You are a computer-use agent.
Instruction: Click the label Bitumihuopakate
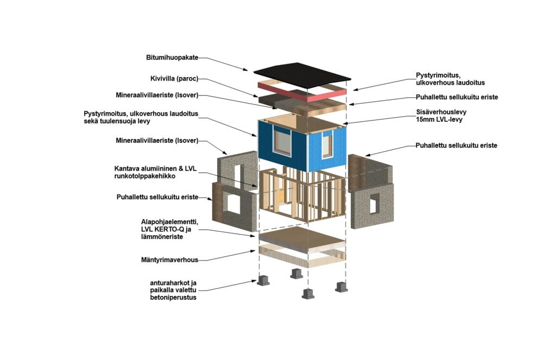(172, 57)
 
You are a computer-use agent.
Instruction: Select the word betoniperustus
(173, 298)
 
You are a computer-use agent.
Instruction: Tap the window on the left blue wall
(283, 141)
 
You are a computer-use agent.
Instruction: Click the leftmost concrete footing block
(264, 280)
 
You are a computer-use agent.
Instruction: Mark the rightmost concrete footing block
(341, 286)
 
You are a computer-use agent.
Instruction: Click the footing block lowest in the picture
(308, 294)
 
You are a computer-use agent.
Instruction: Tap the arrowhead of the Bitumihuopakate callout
(250, 70)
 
